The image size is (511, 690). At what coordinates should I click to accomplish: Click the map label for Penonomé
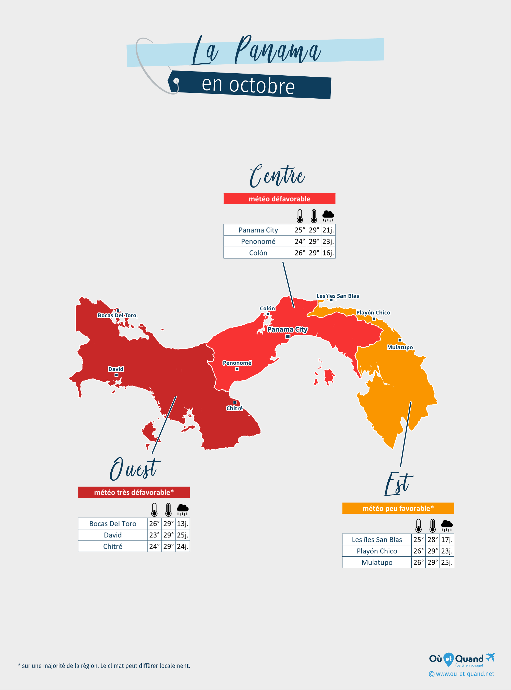237,363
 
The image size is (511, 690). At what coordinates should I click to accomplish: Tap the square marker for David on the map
116,375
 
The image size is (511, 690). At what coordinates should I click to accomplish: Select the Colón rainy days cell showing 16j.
328,253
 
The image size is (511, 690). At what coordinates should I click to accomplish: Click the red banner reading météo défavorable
279,199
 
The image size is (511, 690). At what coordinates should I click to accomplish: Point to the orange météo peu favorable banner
398,508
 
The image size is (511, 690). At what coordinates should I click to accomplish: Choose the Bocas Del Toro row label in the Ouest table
113,523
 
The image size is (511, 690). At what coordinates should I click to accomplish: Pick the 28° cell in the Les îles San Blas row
432,540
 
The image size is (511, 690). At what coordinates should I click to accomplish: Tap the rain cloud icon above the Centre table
328,216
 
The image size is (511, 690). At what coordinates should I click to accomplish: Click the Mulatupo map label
400,347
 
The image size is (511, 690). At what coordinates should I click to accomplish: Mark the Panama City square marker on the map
288,336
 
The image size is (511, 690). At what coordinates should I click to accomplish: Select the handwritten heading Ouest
135,469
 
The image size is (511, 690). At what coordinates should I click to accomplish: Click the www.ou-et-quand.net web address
465,674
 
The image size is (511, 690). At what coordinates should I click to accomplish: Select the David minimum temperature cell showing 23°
154,535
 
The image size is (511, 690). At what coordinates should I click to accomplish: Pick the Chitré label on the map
234,408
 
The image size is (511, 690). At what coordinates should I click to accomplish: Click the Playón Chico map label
373,312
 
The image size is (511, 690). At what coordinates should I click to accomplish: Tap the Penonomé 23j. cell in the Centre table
328,241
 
